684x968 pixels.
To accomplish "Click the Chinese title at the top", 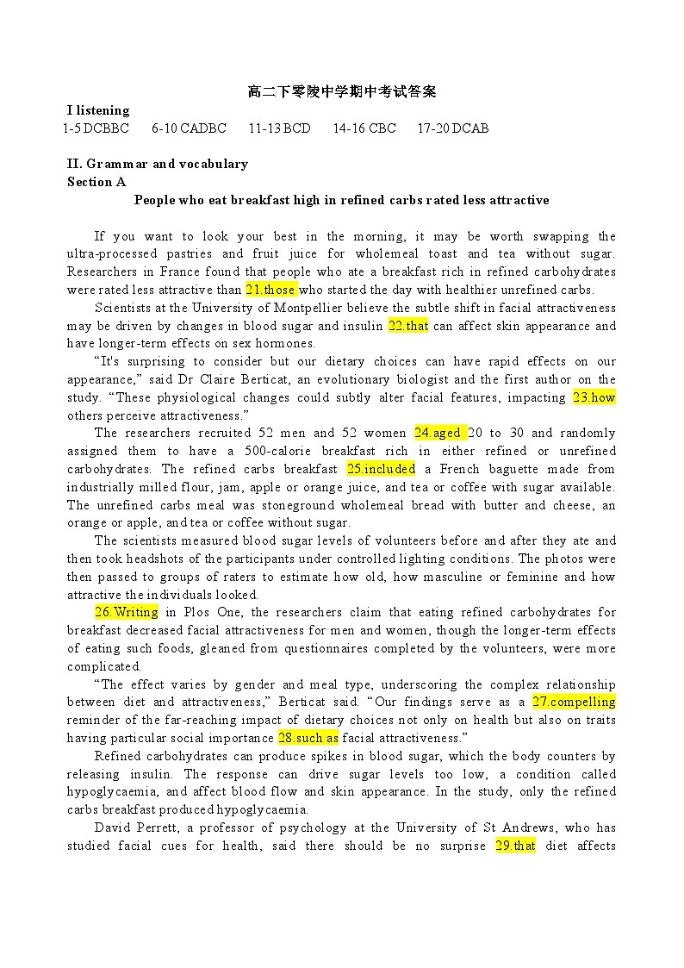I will [x=342, y=91].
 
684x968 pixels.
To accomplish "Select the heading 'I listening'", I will [x=98, y=110].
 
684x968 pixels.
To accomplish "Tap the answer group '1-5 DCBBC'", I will [x=96, y=128].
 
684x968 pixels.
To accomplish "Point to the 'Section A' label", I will [x=96, y=182].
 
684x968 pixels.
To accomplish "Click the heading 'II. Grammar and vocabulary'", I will [x=158, y=164].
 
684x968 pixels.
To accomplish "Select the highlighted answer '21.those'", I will [x=270, y=290].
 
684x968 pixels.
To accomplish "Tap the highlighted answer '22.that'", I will [x=407, y=326].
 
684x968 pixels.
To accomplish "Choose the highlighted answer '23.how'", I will [x=594, y=397].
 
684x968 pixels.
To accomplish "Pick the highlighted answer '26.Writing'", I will [x=126, y=612].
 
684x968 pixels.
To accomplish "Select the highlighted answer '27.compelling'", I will [x=574, y=702].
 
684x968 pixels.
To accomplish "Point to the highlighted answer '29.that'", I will [x=515, y=846].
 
